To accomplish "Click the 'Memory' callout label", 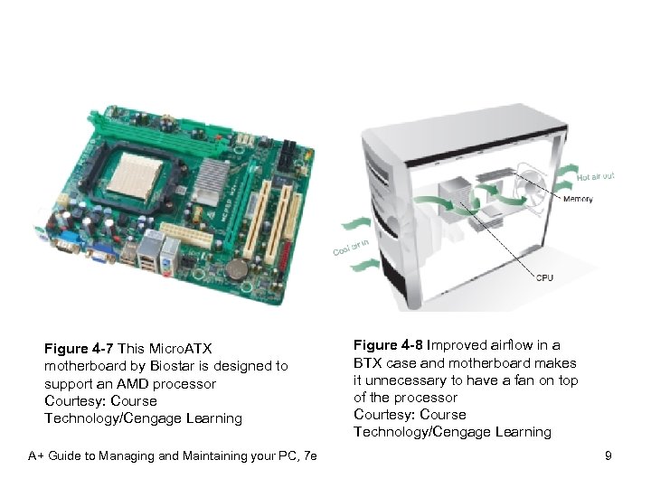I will click(x=580, y=199).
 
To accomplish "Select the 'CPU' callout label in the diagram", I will click(x=545, y=277).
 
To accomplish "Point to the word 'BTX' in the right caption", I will click(x=368, y=362).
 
